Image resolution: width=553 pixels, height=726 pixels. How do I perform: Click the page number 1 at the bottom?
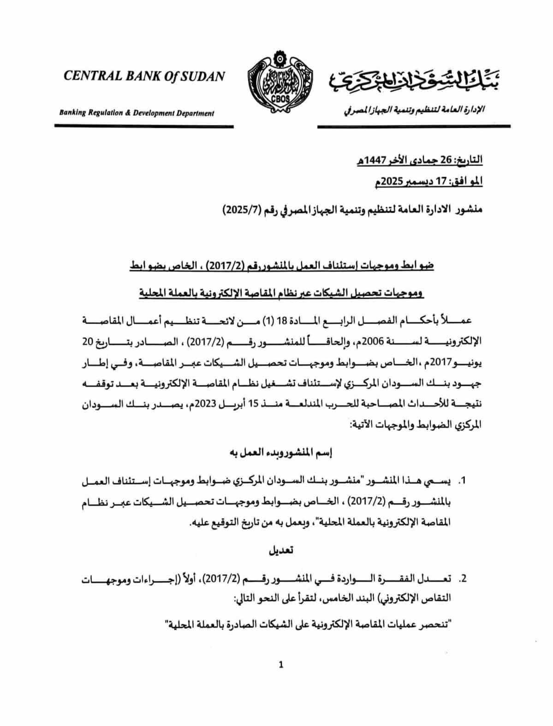pos(281,665)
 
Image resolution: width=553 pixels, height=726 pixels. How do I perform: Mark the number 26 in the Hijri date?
pos(448,160)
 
